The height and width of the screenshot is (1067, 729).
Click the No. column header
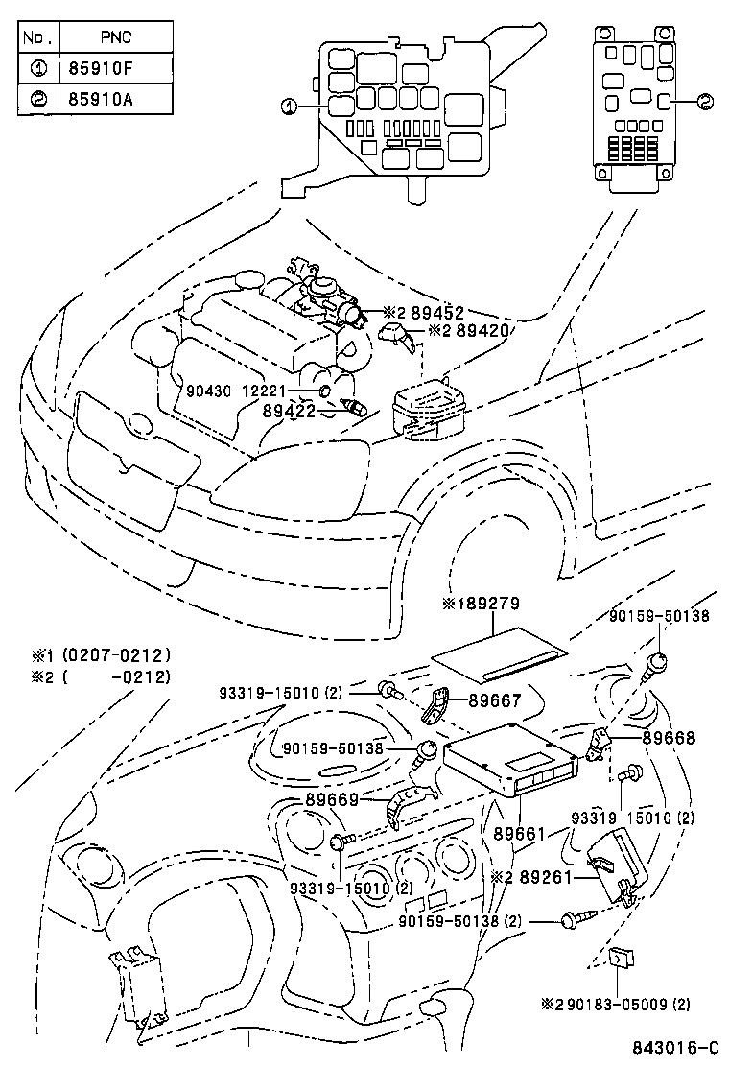click(39, 38)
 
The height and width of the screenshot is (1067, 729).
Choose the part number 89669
click(331, 799)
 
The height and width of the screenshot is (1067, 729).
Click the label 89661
click(520, 836)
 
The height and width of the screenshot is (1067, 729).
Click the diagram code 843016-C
click(672, 1048)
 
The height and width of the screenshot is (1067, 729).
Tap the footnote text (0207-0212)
click(115, 655)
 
